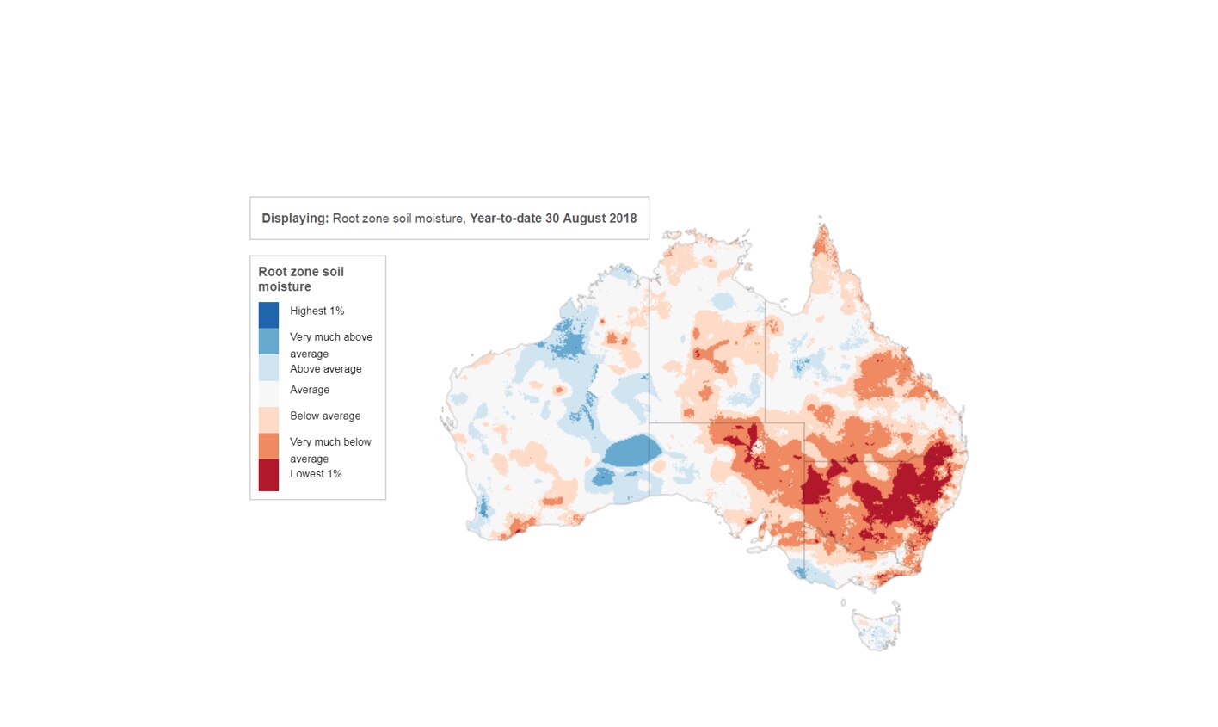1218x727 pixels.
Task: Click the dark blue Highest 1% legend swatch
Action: tap(268, 315)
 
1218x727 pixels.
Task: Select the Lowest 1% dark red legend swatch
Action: tap(268, 475)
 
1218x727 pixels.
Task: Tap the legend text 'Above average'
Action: tap(325, 369)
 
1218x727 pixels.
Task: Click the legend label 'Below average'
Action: tap(324, 416)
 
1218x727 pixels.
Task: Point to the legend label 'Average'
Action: tap(309, 390)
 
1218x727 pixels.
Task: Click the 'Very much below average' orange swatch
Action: tap(268, 446)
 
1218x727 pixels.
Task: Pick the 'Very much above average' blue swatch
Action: tap(268, 342)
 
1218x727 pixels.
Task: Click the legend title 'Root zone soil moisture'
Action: tap(300, 279)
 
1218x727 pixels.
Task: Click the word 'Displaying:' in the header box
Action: tap(295, 219)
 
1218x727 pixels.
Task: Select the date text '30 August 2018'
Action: tap(591, 219)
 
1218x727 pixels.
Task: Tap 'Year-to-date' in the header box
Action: tap(505, 219)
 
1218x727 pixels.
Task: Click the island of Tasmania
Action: tap(876, 630)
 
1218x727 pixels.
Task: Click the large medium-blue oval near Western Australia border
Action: tap(631, 451)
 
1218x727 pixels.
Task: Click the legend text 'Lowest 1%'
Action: tap(316, 474)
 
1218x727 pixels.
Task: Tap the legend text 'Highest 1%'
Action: tap(317, 311)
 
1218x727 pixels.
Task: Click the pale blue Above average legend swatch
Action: tap(268, 368)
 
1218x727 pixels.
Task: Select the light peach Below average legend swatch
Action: tap(268, 420)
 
